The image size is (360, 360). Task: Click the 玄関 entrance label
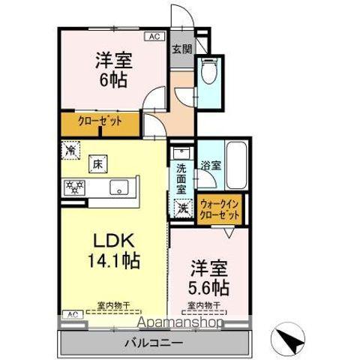click(x=181, y=49)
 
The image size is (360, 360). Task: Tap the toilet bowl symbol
click(x=207, y=73)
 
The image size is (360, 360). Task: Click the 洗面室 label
click(x=181, y=176)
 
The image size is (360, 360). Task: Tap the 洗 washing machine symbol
click(x=182, y=208)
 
